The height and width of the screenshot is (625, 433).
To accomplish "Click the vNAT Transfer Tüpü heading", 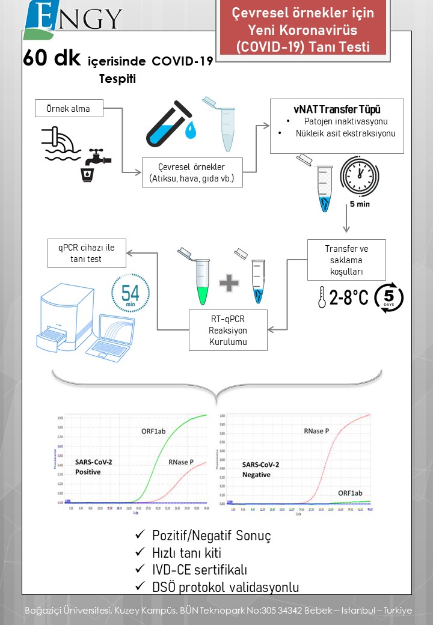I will pyautogui.click(x=336, y=109).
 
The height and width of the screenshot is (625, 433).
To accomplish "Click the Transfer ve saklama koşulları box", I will pyautogui.click(x=346, y=260).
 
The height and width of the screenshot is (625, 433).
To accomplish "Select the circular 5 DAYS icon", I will pyautogui.click(x=388, y=298).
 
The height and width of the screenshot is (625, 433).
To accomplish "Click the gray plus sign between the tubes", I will pyautogui.click(x=229, y=282).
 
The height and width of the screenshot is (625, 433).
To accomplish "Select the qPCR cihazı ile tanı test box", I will pyautogui.click(x=88, y=253).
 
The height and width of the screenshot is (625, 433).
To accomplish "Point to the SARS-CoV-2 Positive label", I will pyautogui.click(x=93, y=466).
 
